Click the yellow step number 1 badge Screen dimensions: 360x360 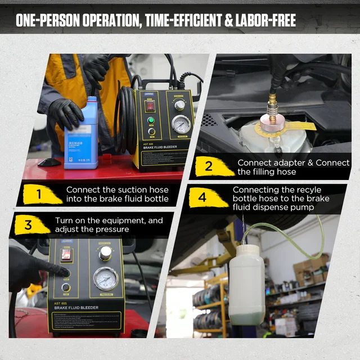pos(39,195)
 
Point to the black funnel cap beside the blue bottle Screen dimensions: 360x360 pos(49,162)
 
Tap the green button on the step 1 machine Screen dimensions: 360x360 pos(151,120)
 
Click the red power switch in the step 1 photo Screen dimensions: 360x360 pos(151,105)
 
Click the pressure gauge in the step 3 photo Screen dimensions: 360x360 pos(105,278)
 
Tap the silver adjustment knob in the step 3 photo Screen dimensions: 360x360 pos(105,253)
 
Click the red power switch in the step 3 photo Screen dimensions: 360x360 pos(66,255)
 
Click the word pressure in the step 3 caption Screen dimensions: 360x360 pos(112,229)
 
